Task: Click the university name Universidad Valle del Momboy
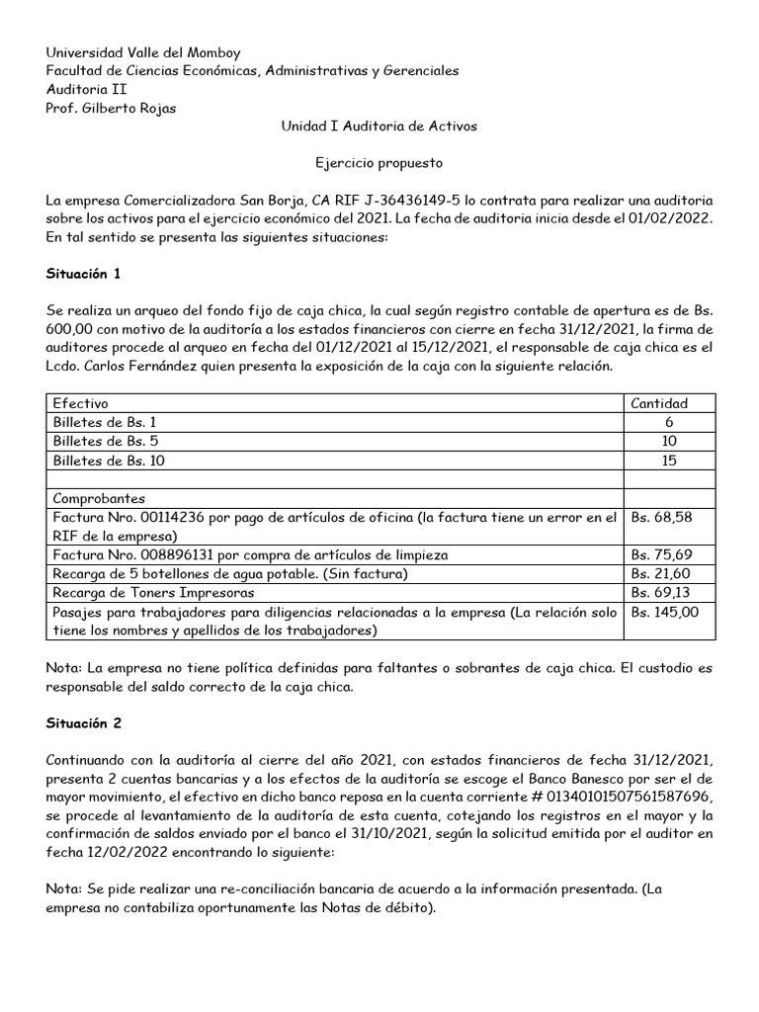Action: [x=143, y=52]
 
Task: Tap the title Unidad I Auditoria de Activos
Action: [x=379, y=127]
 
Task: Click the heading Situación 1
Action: [x=84, y=272]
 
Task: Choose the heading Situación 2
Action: [x=84, y=722]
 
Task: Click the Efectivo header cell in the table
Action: [x=81, y=403]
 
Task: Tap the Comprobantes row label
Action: [x=100, y=498]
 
